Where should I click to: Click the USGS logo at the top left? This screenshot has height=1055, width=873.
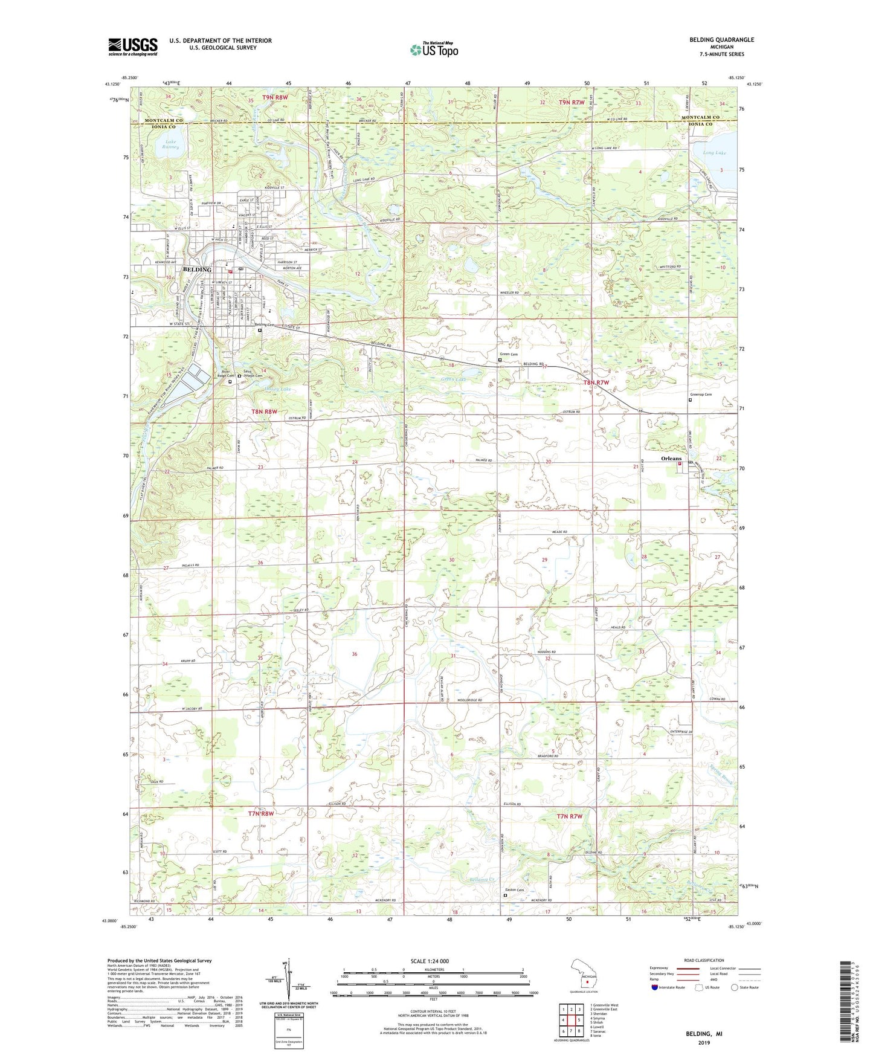(x=133, y=47)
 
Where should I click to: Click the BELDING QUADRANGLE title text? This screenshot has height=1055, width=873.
(x=721, y=40)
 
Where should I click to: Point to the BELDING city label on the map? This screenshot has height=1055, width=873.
(x=198, y=269)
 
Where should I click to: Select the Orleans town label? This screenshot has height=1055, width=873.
(x=671, y=459)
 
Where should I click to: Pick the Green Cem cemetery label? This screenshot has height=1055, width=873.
(x=508, y=354)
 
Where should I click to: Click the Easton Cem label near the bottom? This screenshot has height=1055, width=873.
(x=514, y=890)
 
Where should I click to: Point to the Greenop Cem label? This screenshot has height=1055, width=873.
(x=700, y=395)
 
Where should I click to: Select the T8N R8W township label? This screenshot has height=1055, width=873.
(x=264, y=411)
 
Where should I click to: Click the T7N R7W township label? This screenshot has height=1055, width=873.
(x=569, y=816)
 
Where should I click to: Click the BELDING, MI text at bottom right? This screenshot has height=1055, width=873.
(x=704, y=1034)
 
